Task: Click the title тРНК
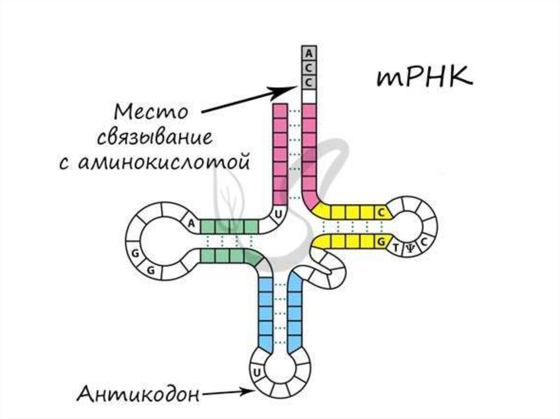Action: click(423, 78)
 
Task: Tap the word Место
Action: click(151, 114)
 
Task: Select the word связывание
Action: click(155, 137)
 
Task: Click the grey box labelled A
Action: click(309, 54)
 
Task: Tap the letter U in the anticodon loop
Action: click(255, 373)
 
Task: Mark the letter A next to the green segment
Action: click(191, 223)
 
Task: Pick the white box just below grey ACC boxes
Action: click(309, 97)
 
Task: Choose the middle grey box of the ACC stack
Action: click(309, 68)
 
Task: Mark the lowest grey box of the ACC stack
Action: click(309, 82)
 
